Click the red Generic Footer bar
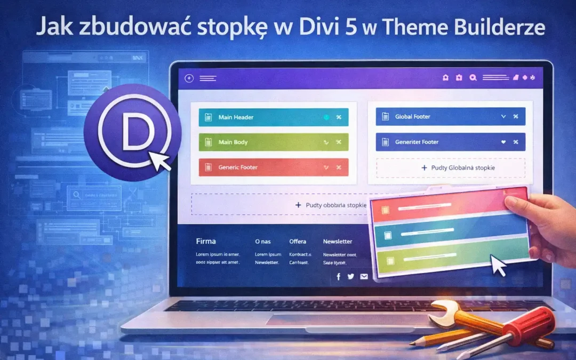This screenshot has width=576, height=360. (273, 167)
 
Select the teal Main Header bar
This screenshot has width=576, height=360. (273, 117)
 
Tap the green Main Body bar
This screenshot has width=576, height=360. (273, 142)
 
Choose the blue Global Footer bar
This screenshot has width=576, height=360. (450, 116)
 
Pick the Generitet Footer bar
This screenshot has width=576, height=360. (450, 142)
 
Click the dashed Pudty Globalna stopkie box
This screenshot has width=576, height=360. (450, 167)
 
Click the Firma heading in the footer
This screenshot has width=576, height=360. (206, 242)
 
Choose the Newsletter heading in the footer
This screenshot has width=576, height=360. (338, 242)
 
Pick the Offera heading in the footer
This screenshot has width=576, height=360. (298, 242)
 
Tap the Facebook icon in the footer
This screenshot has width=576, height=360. (338, 276)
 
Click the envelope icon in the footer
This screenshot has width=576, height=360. (364, 276)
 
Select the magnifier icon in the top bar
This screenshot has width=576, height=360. (473, 78)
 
